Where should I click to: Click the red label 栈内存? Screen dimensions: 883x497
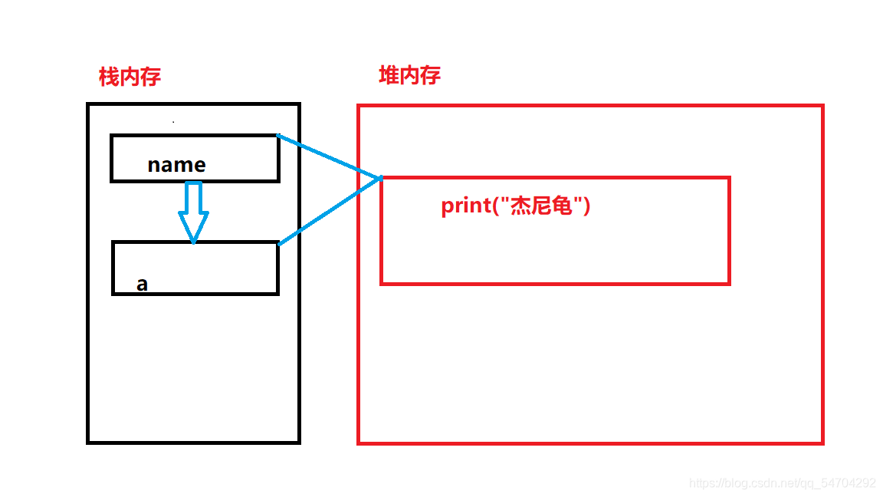click(x=130, y=77)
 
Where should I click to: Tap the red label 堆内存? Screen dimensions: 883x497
click(x=409, y=75)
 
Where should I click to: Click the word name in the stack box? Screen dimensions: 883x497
click(x=176, y=165)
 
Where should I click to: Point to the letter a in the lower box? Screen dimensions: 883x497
click(x=142, y=285)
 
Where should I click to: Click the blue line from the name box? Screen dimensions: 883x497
click(x=330, y=157)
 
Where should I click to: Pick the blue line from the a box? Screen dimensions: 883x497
click(x=330, y=212)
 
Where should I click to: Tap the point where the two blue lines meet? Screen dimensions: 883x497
click(x=381, y=179)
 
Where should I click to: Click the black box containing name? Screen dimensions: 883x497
click(x=195, y=158)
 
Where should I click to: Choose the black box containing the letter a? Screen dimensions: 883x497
click(x=195, y=268)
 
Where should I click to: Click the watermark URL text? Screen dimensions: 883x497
click(x=782, y=483)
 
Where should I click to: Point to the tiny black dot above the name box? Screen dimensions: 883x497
click(x=173, y=121)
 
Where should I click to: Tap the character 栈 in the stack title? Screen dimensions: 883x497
click(x=109, y=77)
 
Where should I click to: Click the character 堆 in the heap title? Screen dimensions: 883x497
click(x=389, y=75)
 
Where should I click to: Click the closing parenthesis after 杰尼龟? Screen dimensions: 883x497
click(x=586, y=206)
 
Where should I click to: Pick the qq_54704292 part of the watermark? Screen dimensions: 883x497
click(x=839, y=483)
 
